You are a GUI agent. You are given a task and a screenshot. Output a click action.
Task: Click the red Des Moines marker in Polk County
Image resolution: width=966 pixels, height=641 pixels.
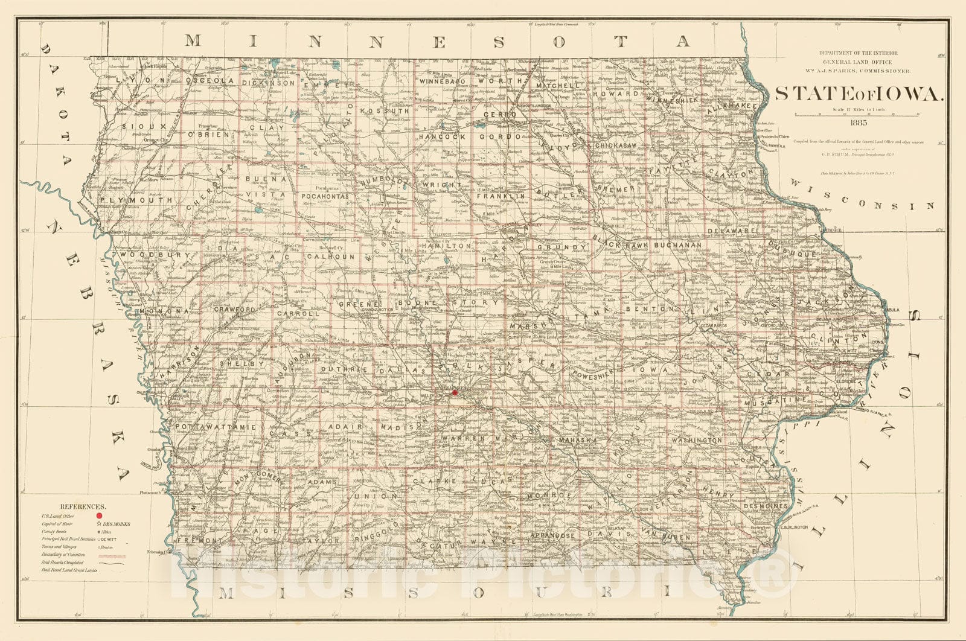coord(455,392)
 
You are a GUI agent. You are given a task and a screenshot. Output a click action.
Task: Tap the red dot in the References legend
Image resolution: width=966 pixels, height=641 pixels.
coord(98,516)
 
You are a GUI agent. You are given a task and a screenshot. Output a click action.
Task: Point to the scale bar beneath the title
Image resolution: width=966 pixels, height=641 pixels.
coord(857,115)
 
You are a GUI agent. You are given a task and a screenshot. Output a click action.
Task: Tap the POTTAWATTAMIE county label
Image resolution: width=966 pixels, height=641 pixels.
coord(216,427)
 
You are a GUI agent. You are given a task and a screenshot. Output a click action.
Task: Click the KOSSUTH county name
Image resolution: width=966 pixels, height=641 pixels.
coord(385,111)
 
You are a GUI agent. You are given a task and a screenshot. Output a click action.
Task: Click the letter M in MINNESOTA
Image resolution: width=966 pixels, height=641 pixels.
coord(193,41)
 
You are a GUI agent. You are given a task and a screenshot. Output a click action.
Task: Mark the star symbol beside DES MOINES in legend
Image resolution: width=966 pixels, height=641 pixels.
coord(98,524)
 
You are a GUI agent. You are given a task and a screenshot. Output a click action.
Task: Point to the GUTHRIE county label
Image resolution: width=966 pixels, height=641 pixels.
coord(341,369)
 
